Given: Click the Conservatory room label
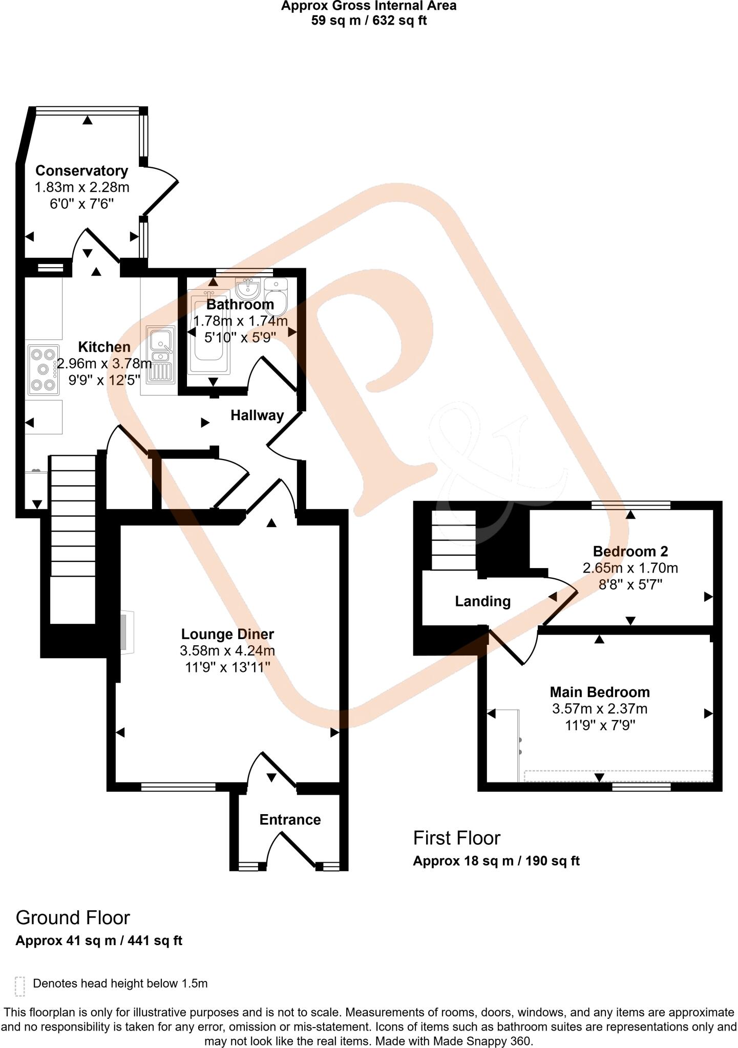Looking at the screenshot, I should tap(81, 170).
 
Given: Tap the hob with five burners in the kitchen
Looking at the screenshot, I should tap(44, 369).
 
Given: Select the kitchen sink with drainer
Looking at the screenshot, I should tap(161, 354).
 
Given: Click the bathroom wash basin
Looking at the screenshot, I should tap(248, 289).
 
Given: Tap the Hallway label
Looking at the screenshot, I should tap(257, 416).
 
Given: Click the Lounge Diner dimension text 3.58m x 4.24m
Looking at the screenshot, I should tap(227, 651).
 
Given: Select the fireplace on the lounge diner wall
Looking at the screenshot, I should tap(125, 632).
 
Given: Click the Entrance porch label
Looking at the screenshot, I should tap(290, 820).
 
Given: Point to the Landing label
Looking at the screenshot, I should tap(482, 601).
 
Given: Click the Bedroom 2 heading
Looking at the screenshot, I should tap(630, 552).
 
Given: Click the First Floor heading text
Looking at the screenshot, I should tap(456, 838).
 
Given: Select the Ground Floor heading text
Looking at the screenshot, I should tap(73, 918).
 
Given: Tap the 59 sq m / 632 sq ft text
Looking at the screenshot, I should tap(369, 21).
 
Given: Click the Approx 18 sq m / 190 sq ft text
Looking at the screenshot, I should tap(496, 861).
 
